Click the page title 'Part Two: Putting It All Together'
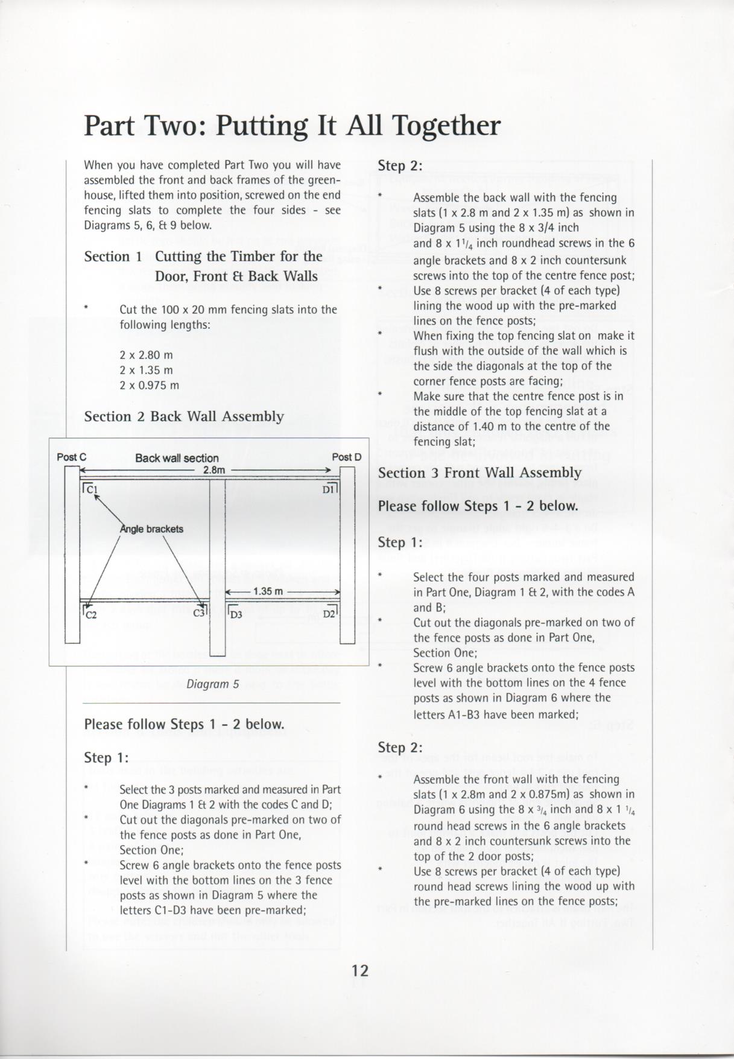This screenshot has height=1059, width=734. pos(292,126)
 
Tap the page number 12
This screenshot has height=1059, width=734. pos(360,970)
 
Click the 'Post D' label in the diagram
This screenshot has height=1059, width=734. pos(347,457)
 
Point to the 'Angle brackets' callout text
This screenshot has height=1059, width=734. pos(152,529)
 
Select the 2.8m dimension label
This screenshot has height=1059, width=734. pos(214,469)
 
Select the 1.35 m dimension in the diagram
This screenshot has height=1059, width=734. pos(268,591)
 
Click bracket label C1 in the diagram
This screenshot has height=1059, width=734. pos(92,489)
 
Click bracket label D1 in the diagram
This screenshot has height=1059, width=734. pos(329,489)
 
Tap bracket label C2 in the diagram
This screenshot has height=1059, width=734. pos(91,615)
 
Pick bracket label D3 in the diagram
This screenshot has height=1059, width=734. pos(236,615)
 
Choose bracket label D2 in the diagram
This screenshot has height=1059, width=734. pos(329,614)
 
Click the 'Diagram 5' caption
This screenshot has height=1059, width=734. pos(212,684)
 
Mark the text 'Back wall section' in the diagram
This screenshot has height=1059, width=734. pos(177,458)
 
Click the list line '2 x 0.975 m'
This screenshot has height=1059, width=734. pos(149,385)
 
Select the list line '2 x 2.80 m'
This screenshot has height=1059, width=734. pos(146,355)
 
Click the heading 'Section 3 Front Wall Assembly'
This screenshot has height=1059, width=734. pos(479,472)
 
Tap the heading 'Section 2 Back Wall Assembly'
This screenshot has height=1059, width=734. pos(184,416)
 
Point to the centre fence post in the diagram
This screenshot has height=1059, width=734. pos(217,561)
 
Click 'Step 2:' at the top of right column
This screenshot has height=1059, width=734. pos(400,165)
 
